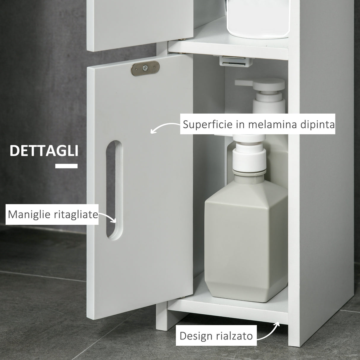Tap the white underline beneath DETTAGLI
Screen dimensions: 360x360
coord(66,166)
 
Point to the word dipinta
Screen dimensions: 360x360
coord(317,124)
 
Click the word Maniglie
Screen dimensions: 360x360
coord(27,214)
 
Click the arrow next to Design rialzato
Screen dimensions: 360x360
coord(270,332)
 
